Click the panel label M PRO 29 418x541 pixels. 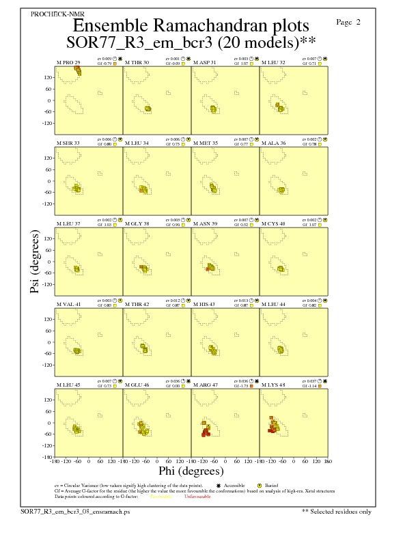click(x=68, y=62)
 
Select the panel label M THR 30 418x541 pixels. click(x=137, y=62)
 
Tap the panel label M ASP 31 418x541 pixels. click(x=205, y=62)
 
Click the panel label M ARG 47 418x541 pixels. click(x=206, y=385)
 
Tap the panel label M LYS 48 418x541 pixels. click(x=273, y=385)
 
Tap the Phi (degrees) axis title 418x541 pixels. click(x=191, y=471)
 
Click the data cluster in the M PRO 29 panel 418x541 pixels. click(x=79, y=70)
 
